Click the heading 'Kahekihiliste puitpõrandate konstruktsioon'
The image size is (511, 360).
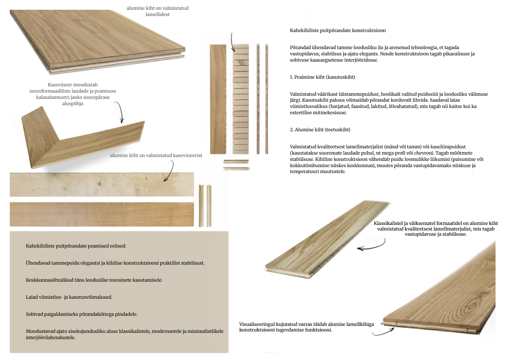(x=338, y=31)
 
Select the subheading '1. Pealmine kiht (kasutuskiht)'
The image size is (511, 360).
(x=322, y=77)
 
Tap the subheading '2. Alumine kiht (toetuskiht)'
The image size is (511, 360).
(x=320, y=130)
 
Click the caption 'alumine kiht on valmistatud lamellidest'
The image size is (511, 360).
(x=157, y=11)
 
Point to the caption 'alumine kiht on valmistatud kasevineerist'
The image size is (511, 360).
(x=156, y=156)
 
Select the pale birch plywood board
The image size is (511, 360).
(x=101, y=185)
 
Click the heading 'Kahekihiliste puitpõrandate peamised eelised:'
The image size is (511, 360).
(x=76, y=246)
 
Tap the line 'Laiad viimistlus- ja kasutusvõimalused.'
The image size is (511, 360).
(x=69, y=297)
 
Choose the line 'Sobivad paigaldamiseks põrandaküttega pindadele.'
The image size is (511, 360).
(x=82, y=314)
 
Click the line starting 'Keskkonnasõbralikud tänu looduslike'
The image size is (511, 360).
(x=94, y=280)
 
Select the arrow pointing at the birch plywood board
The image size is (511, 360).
(x=169, y=172)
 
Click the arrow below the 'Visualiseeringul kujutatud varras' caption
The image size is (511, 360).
(x=383, y=332)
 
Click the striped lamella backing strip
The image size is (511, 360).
(x=241, y=99)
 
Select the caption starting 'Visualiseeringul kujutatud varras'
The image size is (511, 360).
(x=306, y=327)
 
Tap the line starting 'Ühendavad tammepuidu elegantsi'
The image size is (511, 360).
(x=115, y=263)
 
